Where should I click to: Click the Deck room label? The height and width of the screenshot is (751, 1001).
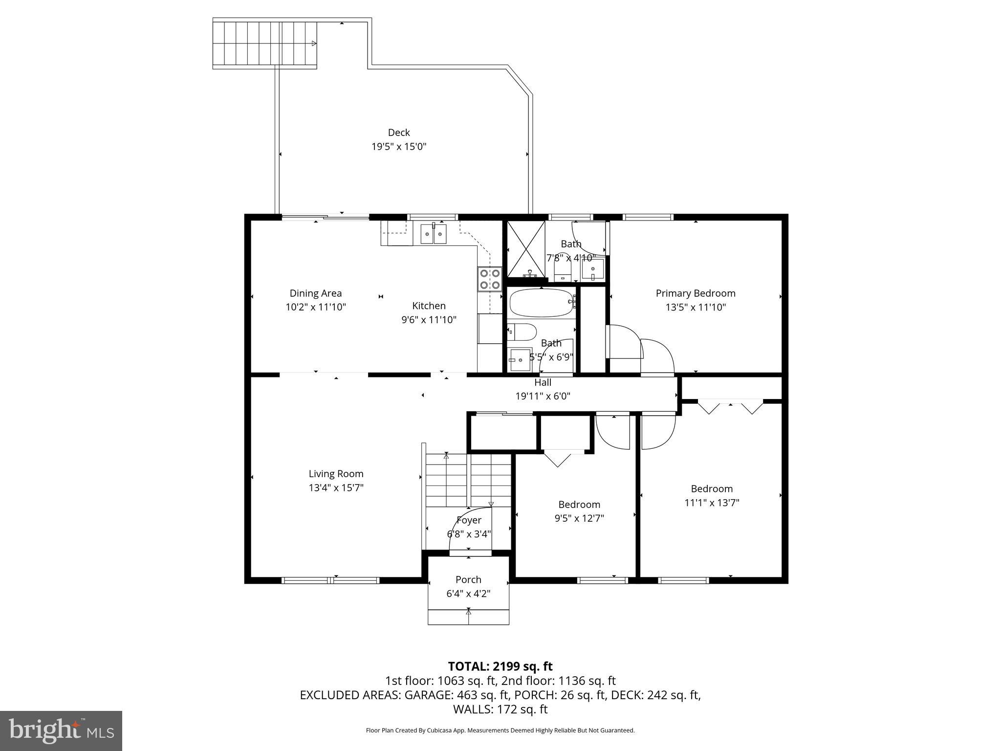(399, 133)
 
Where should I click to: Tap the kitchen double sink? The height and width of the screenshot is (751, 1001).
(434, 233)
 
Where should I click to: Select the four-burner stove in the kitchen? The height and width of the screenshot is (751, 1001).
(490, 279)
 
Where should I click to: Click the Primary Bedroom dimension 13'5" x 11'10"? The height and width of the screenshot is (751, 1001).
(696, 308)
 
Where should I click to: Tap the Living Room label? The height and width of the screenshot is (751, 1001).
(336, 474)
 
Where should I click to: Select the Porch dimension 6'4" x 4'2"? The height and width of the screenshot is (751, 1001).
(468, 594)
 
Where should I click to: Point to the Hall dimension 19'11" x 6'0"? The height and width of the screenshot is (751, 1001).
(543, 396)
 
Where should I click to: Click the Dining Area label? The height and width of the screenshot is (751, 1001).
(316, 293)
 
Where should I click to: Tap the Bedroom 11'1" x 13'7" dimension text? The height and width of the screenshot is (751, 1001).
(712, 503)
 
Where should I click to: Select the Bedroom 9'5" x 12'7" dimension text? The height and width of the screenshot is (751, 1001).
(579, 518)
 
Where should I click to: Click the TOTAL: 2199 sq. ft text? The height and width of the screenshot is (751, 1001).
(500, 666)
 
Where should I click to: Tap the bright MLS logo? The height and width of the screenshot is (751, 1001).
(61, 730)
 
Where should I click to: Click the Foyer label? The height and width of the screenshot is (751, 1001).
(469, 520)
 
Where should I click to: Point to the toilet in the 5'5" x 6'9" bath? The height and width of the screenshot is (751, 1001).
(522, 332)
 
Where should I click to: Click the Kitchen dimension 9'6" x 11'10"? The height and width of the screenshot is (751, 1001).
(429, 320)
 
